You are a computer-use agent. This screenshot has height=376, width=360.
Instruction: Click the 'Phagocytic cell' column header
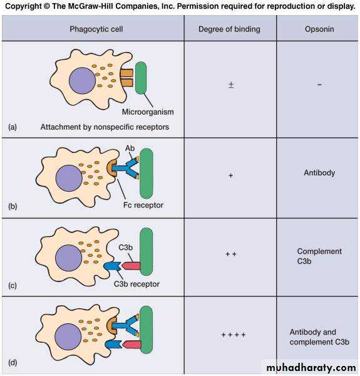click(x=96, y=29)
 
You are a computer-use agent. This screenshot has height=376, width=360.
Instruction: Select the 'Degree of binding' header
click(x=229, y=29)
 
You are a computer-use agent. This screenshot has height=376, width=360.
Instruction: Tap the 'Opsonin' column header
click(x=319, y=29)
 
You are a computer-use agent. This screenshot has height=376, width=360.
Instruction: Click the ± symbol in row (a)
click(x=231, y=85)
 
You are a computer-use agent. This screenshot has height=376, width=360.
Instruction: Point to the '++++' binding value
click(x=234, y=335)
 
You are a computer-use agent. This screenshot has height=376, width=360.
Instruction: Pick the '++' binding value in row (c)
click(x=231, y=254)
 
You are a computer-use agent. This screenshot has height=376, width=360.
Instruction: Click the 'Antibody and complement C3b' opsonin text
click(x=319, y=337)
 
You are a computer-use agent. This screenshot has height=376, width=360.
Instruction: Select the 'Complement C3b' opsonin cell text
click(x=319, y=256)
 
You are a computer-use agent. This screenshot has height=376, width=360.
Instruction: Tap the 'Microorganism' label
click(x=148, y=112)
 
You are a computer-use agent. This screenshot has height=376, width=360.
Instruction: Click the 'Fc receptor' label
click(x=143, y=205)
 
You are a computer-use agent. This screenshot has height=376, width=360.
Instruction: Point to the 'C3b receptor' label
click(x=136, y=284)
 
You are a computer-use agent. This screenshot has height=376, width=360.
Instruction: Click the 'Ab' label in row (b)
click(x=130, y=148)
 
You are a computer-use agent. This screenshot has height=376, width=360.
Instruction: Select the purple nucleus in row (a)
click(x=82, y=81)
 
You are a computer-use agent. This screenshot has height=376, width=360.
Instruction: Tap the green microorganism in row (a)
click(x=141, y=78)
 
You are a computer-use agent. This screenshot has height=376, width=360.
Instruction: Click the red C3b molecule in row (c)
click(x=131, y=266)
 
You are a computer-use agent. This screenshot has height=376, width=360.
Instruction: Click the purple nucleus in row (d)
click(x=68, y=337)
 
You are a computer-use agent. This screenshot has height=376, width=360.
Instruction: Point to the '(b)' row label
click(x=13, y=206)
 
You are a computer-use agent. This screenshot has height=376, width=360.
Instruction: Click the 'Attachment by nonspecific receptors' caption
click(x=105, y=127)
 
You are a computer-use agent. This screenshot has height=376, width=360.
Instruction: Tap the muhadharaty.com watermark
click(x=311, y=367)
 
